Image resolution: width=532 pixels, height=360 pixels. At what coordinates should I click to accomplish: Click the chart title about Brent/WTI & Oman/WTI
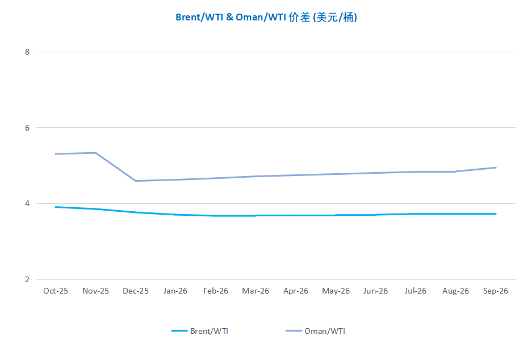266,17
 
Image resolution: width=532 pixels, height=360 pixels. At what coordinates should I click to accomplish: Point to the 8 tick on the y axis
27,52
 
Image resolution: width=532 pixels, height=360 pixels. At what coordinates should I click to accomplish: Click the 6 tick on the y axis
27,128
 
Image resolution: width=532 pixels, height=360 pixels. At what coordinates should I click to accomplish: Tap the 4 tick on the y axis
27,203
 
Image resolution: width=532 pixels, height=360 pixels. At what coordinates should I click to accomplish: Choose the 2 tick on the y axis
27,279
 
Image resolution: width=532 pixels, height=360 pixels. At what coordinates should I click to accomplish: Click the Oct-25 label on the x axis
56,291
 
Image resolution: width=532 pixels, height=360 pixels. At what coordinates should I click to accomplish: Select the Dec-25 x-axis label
136,291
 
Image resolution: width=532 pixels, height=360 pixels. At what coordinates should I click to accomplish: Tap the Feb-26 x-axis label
216,291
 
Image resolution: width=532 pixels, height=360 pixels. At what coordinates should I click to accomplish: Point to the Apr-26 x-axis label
296,291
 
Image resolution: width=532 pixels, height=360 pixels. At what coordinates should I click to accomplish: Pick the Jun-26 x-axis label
375,291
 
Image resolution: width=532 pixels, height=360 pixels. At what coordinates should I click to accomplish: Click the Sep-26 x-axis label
496,291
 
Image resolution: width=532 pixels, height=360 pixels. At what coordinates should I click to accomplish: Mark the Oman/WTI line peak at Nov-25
95,153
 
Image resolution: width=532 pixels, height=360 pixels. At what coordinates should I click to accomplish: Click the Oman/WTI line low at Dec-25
136,181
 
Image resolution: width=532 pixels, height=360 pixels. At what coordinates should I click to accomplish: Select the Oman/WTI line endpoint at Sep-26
496,168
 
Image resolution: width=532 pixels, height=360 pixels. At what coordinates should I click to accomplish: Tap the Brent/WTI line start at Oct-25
56,207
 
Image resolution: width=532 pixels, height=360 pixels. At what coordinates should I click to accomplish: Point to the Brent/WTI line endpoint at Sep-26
496,214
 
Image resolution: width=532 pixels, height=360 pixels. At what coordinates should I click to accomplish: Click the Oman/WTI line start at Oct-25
56,154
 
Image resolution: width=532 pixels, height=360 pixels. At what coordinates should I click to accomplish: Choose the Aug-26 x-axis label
455,291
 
